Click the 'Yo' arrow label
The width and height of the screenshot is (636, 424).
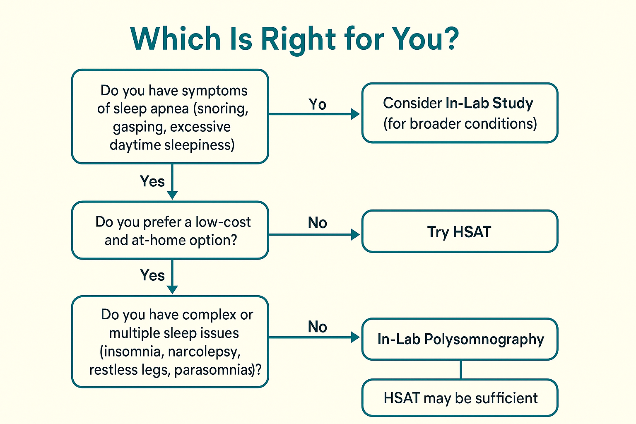click(x=317, y=104)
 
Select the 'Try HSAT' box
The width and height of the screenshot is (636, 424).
click(x=460, y=231)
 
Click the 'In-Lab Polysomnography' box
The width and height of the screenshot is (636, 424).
click(x=460, y=339)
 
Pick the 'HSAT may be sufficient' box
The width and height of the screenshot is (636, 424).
click(x=460, y=398)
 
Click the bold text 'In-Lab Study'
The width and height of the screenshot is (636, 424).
click(x=489, y=103)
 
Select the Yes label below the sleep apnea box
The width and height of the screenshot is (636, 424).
click(x=152, y=181)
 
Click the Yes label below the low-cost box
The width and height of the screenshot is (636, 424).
click(x=152, y=275)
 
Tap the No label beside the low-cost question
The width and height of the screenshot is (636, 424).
click(x=317, y=223)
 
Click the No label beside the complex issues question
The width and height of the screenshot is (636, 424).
click(x=317, y=327)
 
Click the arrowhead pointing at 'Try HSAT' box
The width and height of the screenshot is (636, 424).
click(x=355, y=235)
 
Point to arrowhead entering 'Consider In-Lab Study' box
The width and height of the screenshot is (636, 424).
click(x=355, y=114)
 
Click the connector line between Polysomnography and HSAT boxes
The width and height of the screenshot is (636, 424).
click(x=461, y=369)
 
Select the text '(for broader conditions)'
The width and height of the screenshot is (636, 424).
click(x=460, y=123)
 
